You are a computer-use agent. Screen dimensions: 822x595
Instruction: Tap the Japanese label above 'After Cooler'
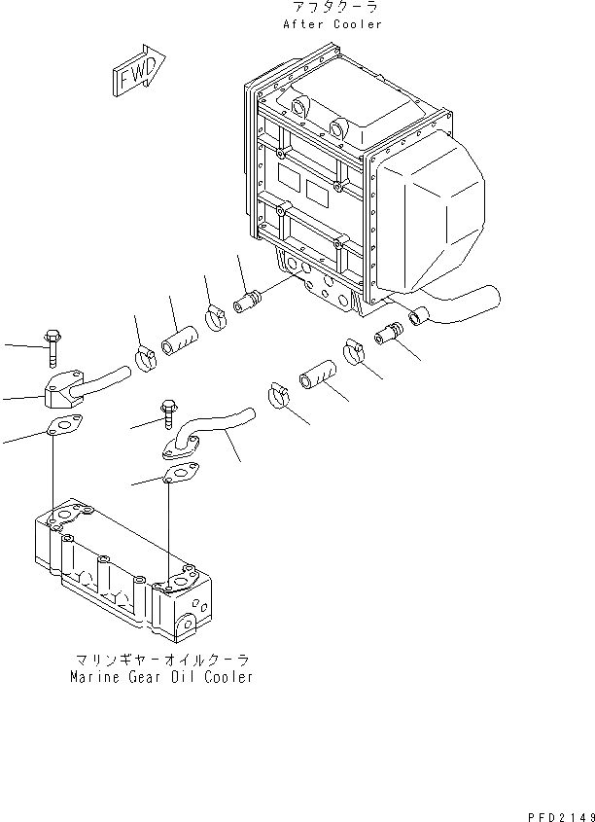pos(332,8)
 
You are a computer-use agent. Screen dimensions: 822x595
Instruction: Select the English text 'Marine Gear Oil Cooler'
pos(160,676)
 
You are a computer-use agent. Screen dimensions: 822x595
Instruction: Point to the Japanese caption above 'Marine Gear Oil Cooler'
pos(160,660)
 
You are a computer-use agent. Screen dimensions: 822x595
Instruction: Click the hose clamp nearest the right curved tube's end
pos(277,397)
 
